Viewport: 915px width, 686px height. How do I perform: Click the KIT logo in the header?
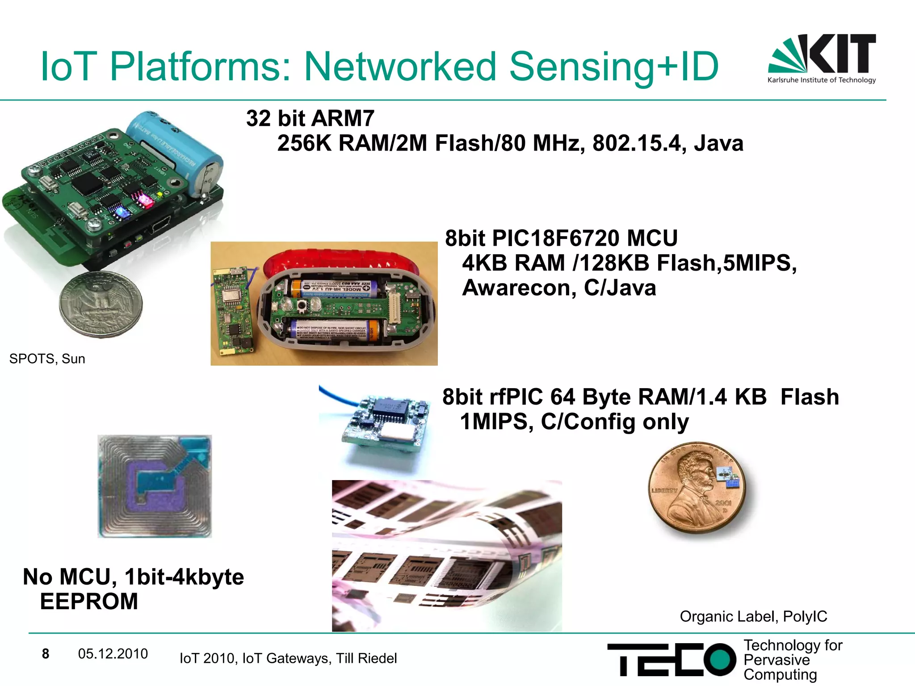[x=822, y=58]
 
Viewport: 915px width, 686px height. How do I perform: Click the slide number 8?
[x=46, y=654]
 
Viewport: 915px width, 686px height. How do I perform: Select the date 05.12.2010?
[x=113, y=654]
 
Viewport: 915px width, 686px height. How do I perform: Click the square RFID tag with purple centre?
[x=155, y=486]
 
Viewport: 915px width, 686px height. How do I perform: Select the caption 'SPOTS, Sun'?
[x=47, y=359]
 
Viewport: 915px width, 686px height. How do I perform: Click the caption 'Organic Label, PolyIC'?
[x=753, y=616]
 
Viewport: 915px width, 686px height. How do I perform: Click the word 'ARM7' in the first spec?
[x=343, y=119]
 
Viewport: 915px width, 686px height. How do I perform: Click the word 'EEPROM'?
[x=89, y=601]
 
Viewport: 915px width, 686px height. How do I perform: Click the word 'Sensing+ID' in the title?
[x=613, y=67]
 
